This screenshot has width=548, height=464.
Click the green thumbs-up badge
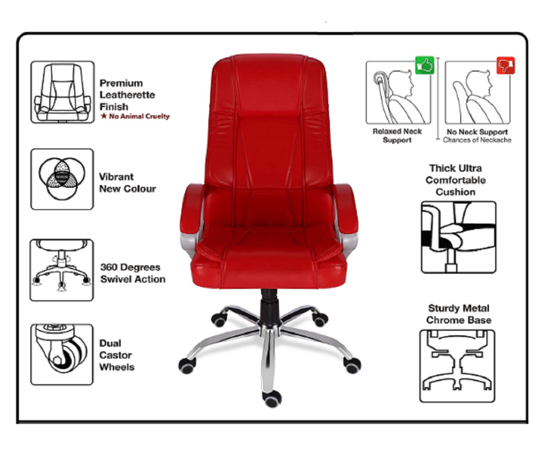[x=424, y=65]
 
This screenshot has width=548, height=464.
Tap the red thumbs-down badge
[x=505, y=65]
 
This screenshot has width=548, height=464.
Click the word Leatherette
[x=127, y=95]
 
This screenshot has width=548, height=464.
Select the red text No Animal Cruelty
[x=139, y=116]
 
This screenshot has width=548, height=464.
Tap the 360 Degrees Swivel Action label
[x=132, y=273]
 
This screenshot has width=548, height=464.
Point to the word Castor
[x=116, y=355]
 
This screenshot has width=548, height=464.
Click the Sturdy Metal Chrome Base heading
[x=459, y=314]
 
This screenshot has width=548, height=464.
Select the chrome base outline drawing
[x=457, y=366]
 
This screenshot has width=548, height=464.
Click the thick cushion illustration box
[x=459, y=237]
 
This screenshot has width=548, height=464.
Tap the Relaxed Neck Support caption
[x=397, y=135]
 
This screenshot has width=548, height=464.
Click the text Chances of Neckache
[x=477, y=140]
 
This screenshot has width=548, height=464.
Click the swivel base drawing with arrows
[x=62, y=270]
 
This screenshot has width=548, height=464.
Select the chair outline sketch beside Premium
[x=62, y=92]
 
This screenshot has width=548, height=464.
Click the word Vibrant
[x=116, y=177]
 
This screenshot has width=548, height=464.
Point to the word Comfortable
[x=456, y=180]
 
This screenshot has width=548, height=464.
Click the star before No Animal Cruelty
[x=104, y=116]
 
